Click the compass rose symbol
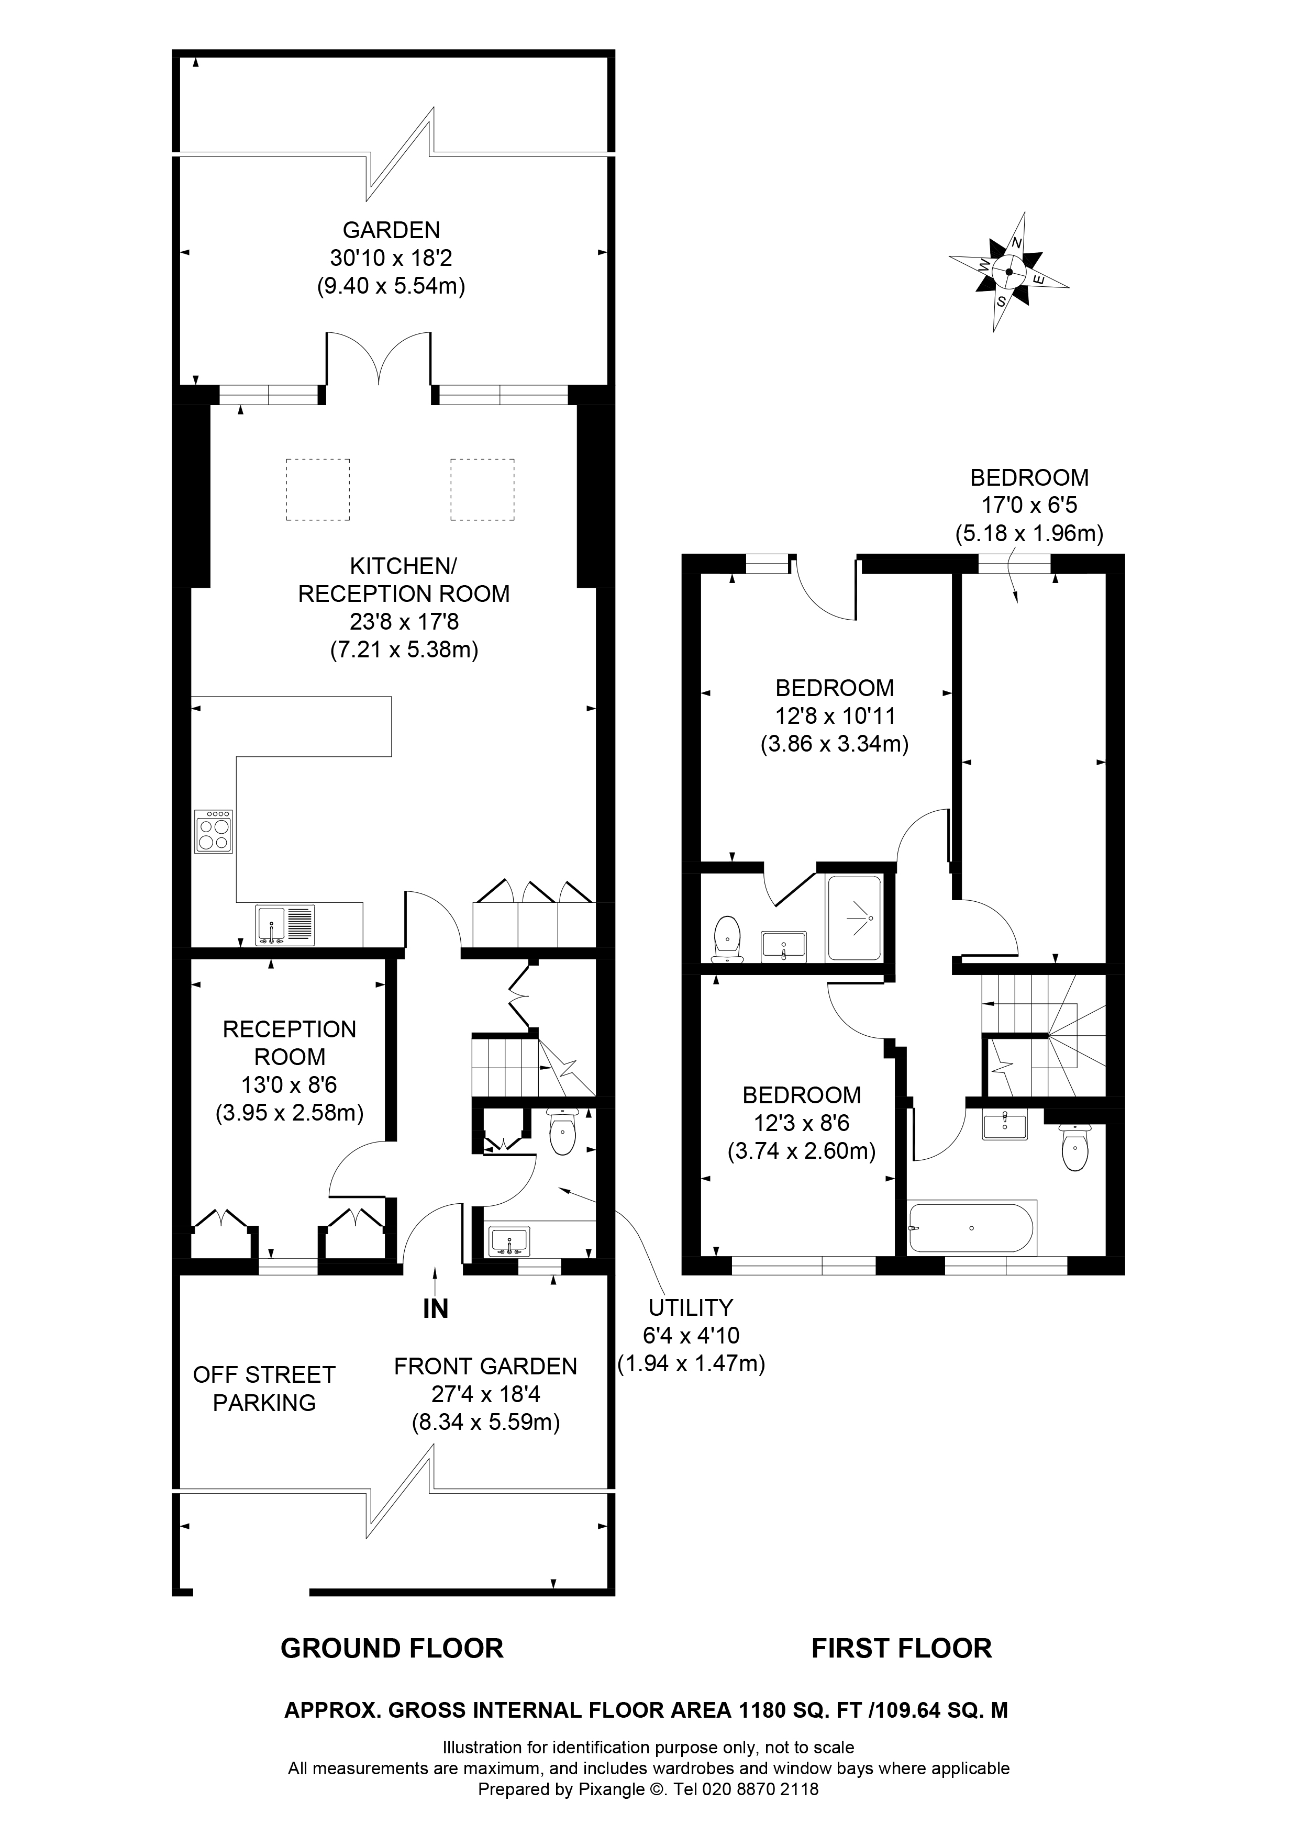click(1009, 272)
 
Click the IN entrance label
click(435, 1308)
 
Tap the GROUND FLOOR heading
click(392, 1648)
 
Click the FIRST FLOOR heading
click(901, 1648)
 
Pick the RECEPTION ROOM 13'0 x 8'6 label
click(290, 1070)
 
